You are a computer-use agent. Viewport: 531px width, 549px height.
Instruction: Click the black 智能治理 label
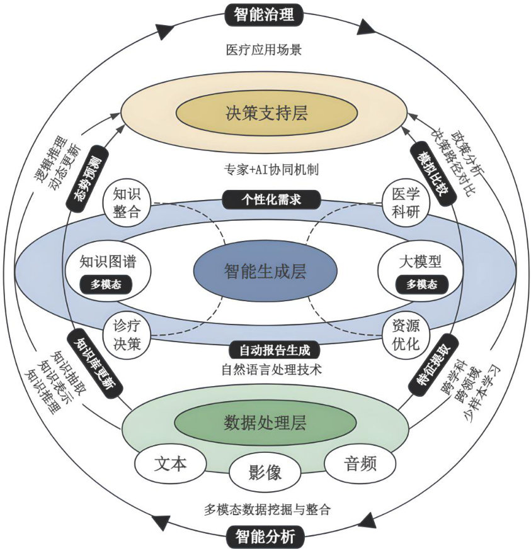(x=265, y=13)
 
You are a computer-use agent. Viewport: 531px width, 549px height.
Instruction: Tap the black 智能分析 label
(x=265, y=536)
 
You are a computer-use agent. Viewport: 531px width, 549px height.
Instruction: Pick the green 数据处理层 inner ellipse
(x=265, y=423)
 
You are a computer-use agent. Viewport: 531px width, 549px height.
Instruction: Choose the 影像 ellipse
(x=265, y=472)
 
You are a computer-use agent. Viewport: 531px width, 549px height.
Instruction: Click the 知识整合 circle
(x=127, y=203)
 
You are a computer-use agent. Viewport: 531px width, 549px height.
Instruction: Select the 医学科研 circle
(x=406, y=203)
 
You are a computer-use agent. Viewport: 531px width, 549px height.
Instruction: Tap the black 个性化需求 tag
(x=271, y=199)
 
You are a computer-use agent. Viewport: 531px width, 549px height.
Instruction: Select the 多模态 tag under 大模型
(x=421, y=284)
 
